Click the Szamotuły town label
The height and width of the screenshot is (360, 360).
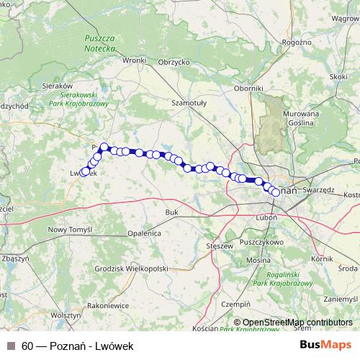[189, 103]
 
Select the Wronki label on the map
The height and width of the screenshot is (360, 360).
[134, 61]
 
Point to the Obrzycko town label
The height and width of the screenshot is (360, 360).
[173, 62]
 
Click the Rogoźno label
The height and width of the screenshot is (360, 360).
[297, 43]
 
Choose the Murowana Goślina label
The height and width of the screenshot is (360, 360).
[300, 119]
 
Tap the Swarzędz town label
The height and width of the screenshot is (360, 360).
[319, 190]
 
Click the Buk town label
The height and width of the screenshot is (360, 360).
[171, 212]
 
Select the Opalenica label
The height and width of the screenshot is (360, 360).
[145, 234]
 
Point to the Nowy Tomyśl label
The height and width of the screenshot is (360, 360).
[70, 229]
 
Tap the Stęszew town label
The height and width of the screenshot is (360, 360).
[220, 246]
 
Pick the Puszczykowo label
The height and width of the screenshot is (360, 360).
[261, 243]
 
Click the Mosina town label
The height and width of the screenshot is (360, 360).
[258, 259]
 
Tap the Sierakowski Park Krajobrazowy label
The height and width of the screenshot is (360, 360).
[84, 99]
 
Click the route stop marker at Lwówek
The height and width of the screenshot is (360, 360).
[85, 171]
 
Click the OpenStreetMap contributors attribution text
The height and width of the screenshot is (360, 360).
[297, 323]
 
